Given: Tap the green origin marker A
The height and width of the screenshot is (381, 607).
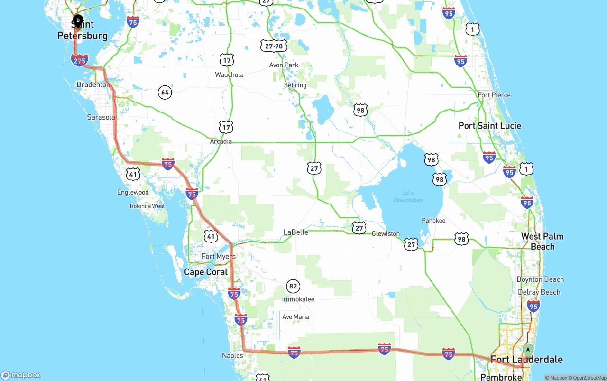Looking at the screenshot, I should [527, 350].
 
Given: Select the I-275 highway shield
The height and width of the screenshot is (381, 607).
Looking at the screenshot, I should [79, 60].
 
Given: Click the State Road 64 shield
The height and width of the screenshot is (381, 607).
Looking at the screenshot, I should [165, 92].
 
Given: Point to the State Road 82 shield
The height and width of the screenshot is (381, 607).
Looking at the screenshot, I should [293, 286].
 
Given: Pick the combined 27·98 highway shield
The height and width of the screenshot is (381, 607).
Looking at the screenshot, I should [274, 46].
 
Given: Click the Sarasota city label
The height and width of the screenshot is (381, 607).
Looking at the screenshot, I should [101, 117].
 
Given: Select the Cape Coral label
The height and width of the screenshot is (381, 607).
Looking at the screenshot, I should [206, 272].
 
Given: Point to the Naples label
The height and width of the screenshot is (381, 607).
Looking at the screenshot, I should [232, 355].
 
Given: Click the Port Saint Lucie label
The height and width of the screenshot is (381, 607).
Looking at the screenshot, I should [490, 126].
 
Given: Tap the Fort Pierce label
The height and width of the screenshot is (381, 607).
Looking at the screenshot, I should [494, 95].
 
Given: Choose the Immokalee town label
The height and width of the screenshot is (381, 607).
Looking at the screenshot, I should [298, 299].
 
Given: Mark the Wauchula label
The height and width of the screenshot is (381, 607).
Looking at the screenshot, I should [229, 74].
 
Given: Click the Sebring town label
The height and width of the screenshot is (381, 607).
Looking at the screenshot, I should [295, 85].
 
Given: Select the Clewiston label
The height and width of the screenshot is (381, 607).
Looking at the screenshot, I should [386, 233].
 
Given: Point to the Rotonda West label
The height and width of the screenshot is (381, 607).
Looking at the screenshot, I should [147, 206].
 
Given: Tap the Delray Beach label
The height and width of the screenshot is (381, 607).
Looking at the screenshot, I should [539, 292].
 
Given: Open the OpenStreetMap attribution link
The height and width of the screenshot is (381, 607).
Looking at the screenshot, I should [589, 378].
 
